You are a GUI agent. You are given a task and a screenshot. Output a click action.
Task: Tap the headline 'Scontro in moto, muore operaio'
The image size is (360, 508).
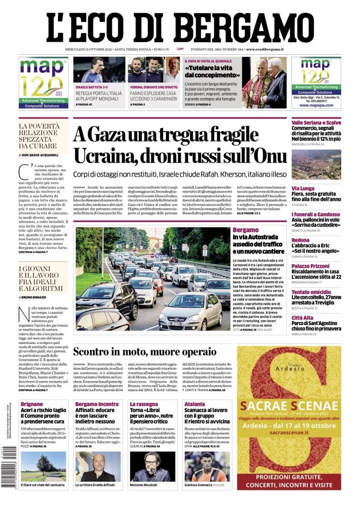145,351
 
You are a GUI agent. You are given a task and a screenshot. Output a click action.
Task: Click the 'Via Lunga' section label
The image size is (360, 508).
303,188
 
